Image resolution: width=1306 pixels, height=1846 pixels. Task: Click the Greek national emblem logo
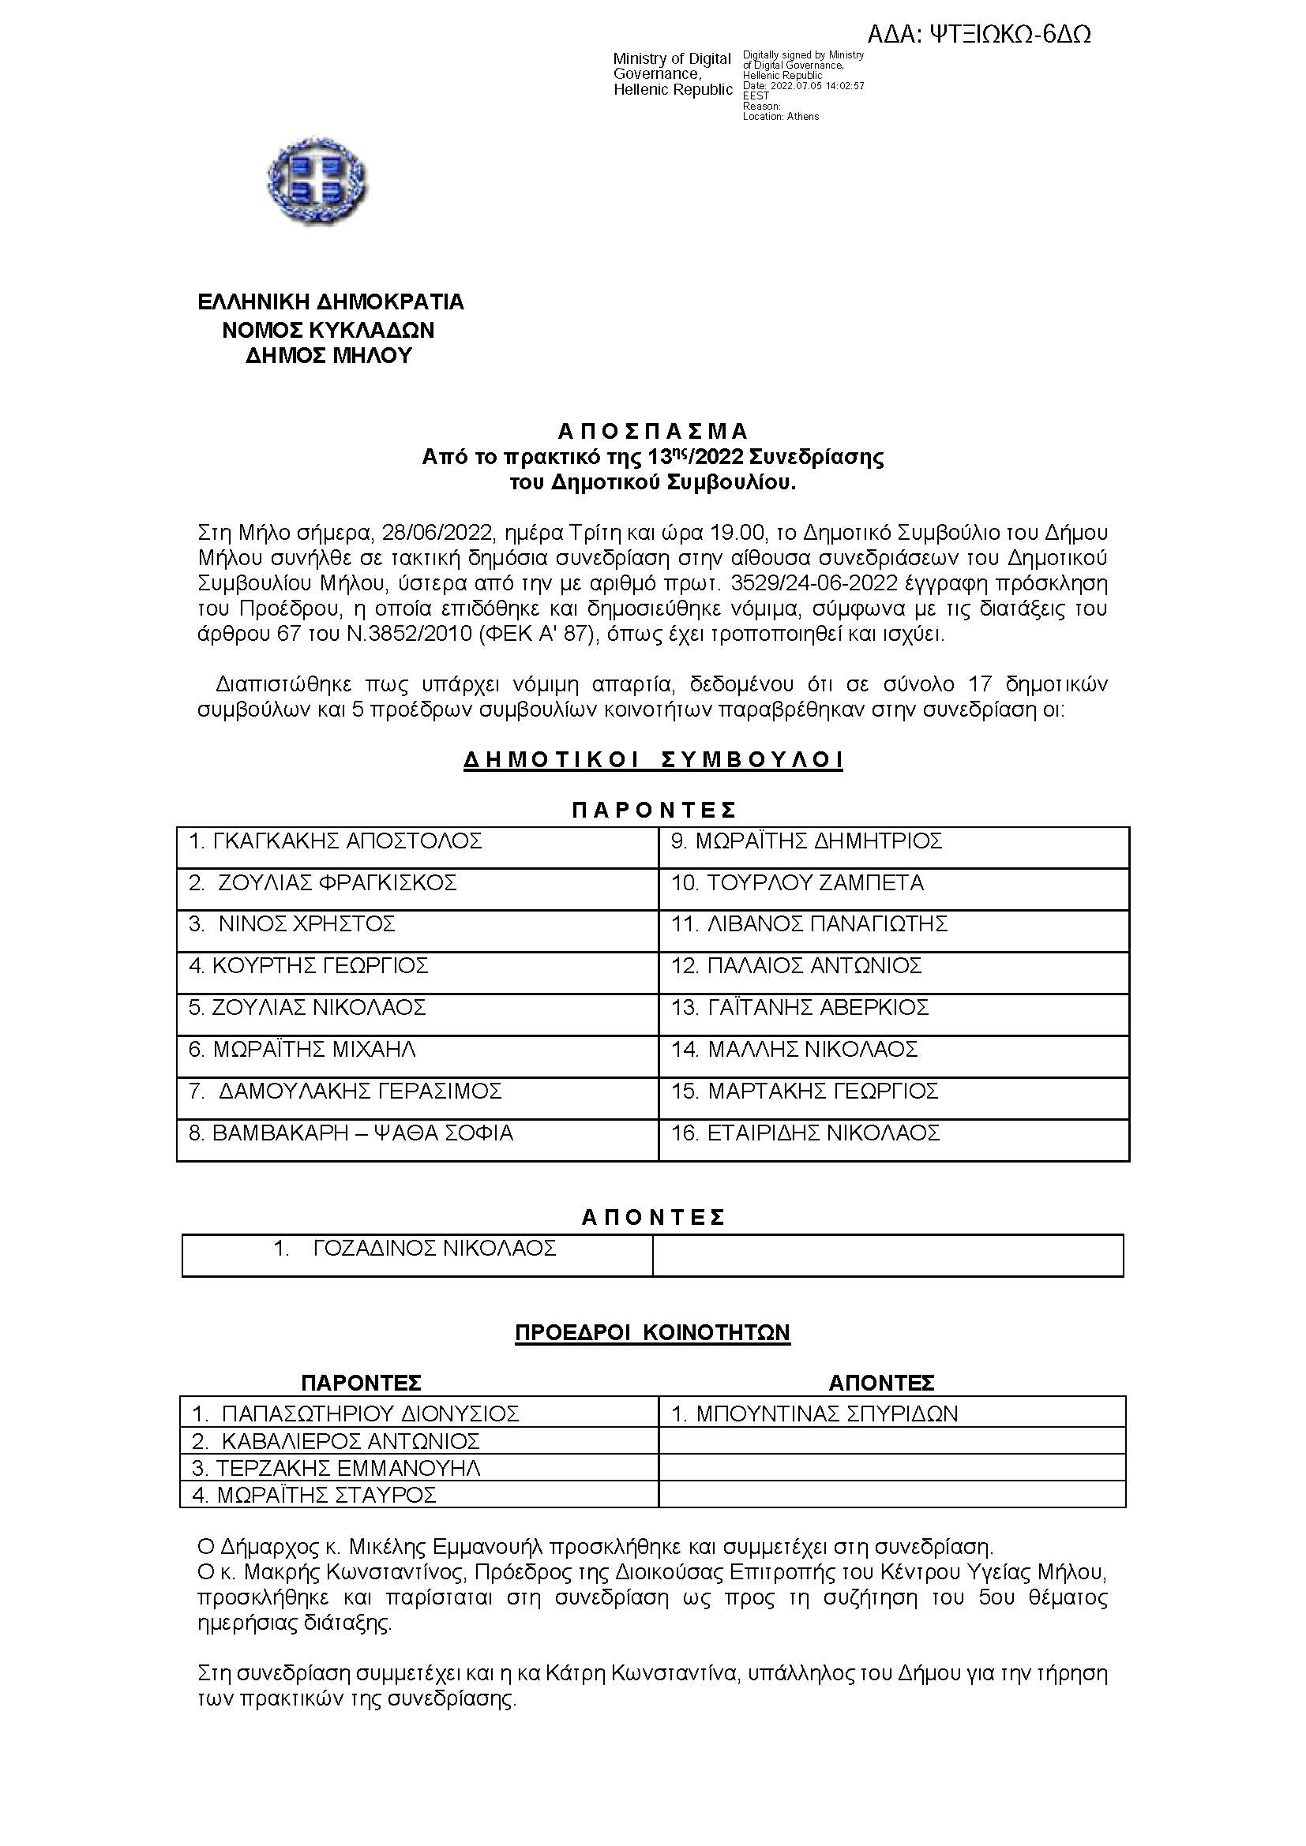(x=316, y=181)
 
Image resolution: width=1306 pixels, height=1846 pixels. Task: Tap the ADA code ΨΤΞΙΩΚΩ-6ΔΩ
(x=978, y=35)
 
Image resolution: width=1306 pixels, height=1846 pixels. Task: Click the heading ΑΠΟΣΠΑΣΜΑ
(x=653, y=432)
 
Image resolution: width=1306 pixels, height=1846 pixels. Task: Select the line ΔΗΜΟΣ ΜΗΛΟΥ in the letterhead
(x=329, y=356)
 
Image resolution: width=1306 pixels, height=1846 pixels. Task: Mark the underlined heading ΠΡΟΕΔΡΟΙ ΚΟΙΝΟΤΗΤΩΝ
(x=652, y=1333)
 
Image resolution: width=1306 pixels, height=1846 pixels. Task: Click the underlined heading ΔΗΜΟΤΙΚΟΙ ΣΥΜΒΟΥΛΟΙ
(x=653, y=760)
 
